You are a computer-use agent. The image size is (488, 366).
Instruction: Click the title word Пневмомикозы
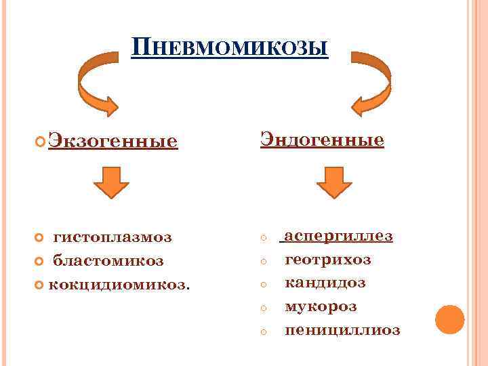pyautogui.click(x=230, y=48)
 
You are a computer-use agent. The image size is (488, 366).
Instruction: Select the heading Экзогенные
pyautogui.click(x=114, y=141)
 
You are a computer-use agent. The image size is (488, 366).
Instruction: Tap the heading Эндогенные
pyautogui.click(x=323, y=140)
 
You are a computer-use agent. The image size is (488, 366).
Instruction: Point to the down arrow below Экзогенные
pyautogui.click(x=111, y=181)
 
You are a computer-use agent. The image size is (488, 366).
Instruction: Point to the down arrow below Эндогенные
pyautogui.click(x=334, y=181)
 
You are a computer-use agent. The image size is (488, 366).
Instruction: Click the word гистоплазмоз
pyautogui.click(x=113, y=237)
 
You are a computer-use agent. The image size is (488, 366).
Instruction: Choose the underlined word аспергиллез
pyautogui.click(x=338, y=236)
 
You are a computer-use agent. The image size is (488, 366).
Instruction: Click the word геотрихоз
pyautogui.click(x=328, y=260)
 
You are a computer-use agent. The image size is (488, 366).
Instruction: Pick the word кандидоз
pyautogui.click(x=325, y=283)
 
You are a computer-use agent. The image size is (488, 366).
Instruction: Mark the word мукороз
pyautogui.click(x=321, y=306)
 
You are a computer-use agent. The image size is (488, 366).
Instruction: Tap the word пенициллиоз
pyautogui.click(x=342, y=330)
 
